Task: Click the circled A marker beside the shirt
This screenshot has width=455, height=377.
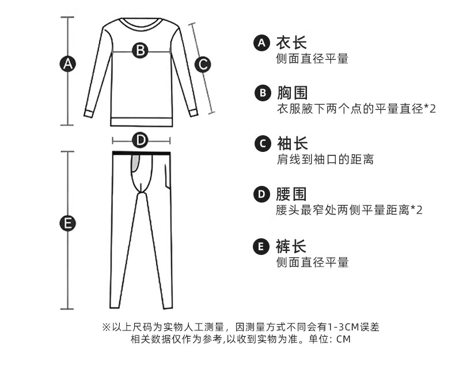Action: tap(69, 64)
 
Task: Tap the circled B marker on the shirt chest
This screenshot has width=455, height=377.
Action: tap(141, 50)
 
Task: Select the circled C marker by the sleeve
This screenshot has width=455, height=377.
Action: tap(202, 64)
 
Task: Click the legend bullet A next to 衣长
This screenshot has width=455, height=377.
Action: tap(261, 43)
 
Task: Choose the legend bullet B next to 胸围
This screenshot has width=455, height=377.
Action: tap(261, 93)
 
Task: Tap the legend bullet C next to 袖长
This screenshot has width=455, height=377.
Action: tap(261, 144)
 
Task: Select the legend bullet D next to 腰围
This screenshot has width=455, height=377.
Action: tap(261, 195)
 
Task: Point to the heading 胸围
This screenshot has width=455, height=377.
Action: tap(291, 93)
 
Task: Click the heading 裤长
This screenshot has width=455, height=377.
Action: tap(291, 246)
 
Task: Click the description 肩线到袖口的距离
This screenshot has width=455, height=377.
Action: tap(325, 159)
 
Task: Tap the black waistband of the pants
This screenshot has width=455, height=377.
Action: tap(141, 153)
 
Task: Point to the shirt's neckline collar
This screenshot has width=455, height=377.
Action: tap(141, 23)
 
